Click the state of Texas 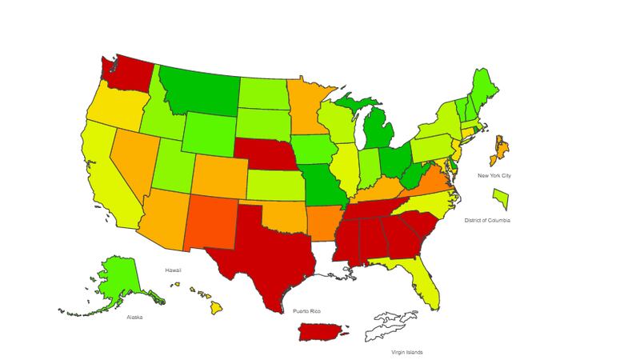264,248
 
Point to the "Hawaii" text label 174,270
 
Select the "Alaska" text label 134,317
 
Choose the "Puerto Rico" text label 306,310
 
